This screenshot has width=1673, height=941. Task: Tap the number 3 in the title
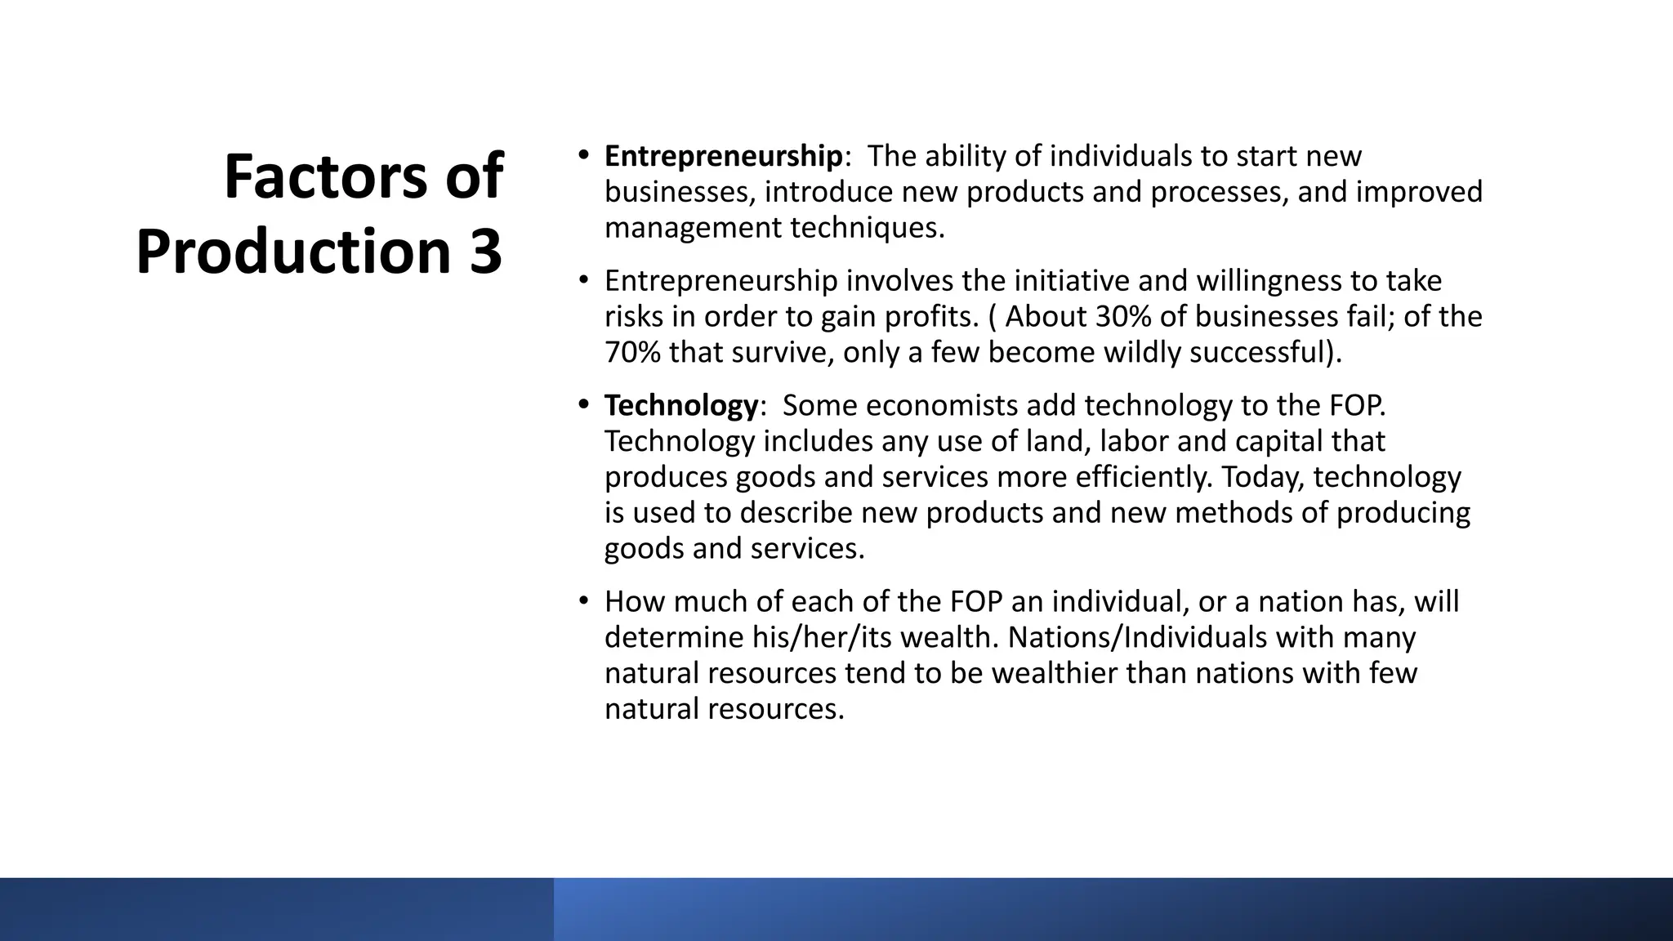tap(485, 252)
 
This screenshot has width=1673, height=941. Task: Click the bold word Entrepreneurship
tap(723, 155)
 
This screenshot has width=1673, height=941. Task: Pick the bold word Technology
tap(681, 405)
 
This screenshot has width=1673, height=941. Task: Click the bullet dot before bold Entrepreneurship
tap(582, 154)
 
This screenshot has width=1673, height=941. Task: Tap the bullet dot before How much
tap(582, 601)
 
